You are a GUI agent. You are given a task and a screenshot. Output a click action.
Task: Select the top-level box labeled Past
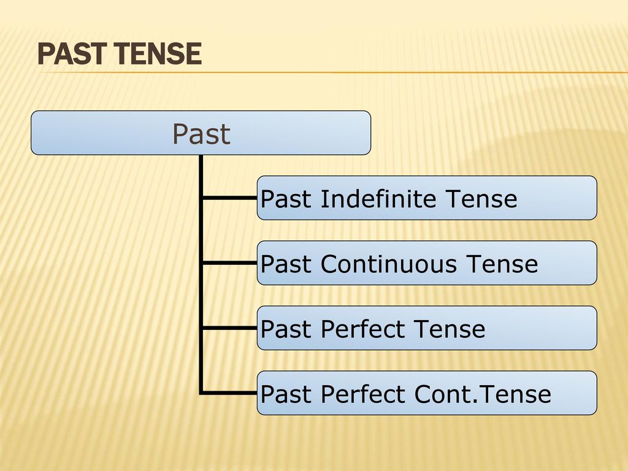[x=201, y=132]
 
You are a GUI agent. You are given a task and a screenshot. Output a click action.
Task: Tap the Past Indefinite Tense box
[x=427, y=198]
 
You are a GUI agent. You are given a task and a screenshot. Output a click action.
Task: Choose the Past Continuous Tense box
[x=427, y=262]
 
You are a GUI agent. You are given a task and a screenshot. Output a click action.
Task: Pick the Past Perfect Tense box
[x=427, y=328]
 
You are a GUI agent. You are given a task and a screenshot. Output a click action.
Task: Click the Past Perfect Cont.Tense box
[x=427, y=393]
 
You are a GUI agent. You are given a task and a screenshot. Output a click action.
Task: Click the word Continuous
[x=388, y=264]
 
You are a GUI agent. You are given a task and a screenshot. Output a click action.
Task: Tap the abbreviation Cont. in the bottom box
[x=446, y=394]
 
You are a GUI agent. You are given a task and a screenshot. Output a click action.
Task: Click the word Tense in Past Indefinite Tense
[x=481, y=199]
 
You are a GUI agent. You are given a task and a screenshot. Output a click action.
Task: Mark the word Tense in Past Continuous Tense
[x=502, y=264]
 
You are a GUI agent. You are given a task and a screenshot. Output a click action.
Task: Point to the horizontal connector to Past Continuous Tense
[x=229, y=262]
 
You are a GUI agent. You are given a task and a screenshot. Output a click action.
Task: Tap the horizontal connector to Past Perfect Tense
[x=229, y=328]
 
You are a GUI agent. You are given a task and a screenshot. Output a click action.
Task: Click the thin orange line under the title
[x=334, y=72]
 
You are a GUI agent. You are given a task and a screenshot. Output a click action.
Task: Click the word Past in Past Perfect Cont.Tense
[x=286, y=394]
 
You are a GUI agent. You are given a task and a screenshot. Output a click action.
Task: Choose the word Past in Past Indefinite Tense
[x=286, y=199]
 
